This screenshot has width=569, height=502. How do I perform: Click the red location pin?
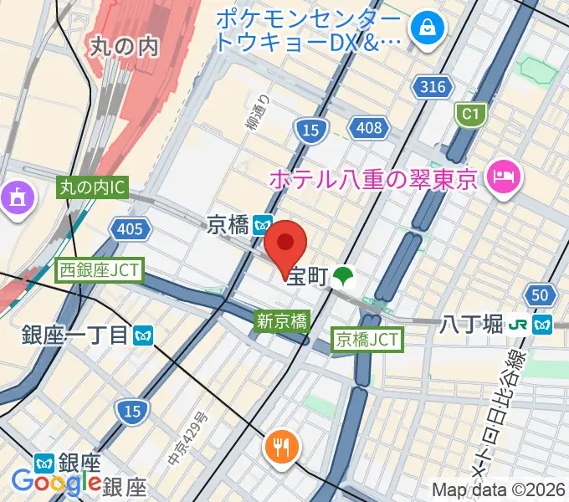285,244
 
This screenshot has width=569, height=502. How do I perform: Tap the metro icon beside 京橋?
262,224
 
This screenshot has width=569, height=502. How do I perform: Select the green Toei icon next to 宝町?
341,276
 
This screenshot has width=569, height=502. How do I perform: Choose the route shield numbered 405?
131,228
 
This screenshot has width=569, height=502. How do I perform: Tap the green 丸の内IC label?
93,188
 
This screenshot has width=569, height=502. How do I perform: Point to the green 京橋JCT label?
368,339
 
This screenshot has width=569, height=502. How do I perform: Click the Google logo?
56,483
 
